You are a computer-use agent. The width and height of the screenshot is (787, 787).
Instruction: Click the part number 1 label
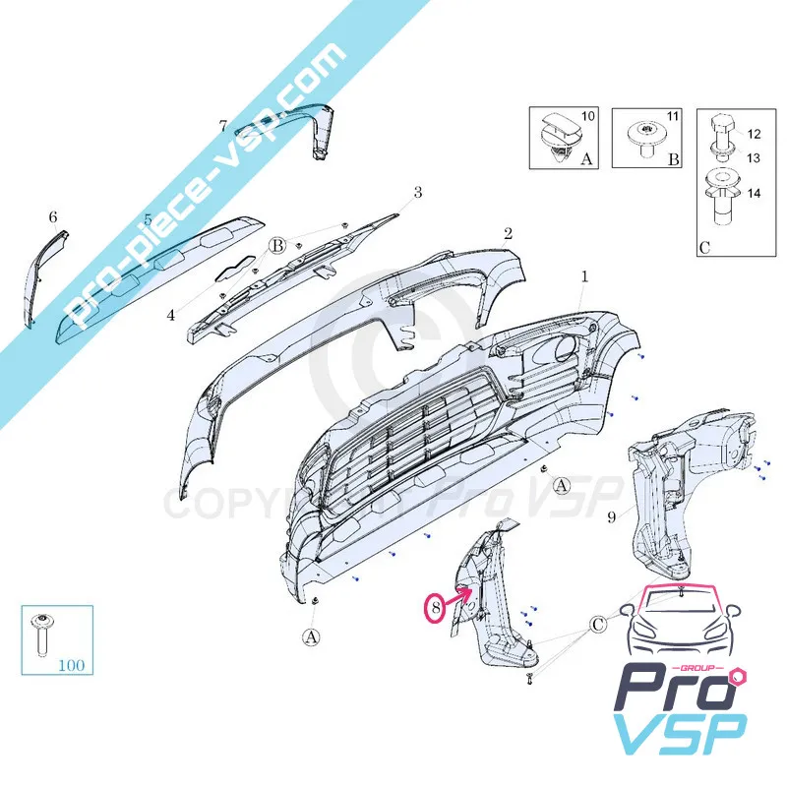point(583,277)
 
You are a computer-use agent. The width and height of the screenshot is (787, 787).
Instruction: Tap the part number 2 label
point(509,234)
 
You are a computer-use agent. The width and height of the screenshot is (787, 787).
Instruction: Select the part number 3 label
point(417,192)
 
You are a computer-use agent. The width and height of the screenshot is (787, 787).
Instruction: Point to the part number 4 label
point(170,316)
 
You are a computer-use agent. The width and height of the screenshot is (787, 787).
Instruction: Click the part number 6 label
point(53,216)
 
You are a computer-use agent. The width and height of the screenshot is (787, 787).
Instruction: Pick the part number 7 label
point(222,126)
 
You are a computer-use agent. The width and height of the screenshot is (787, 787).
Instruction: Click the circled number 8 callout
point(433,609)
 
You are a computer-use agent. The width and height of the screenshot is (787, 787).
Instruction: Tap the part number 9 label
point(611,515)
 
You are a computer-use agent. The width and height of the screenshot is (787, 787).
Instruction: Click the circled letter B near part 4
point(278,246)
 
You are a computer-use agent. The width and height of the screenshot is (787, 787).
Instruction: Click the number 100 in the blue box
point(71,664)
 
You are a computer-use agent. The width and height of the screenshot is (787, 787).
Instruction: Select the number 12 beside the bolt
point(754,134)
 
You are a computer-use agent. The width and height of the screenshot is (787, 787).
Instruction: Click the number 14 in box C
point(754,193)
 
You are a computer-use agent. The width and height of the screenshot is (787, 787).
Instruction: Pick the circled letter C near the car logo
point(599,624)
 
